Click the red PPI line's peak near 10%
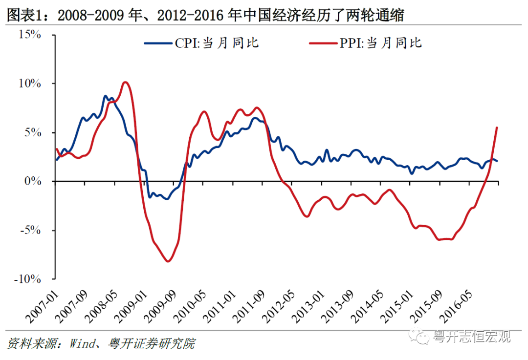tap(125, 82)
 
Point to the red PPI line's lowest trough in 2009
tap(168, 261)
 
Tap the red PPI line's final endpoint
tap(497, 127)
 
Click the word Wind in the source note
tap(77, 344)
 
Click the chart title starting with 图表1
tap(205, 15)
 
